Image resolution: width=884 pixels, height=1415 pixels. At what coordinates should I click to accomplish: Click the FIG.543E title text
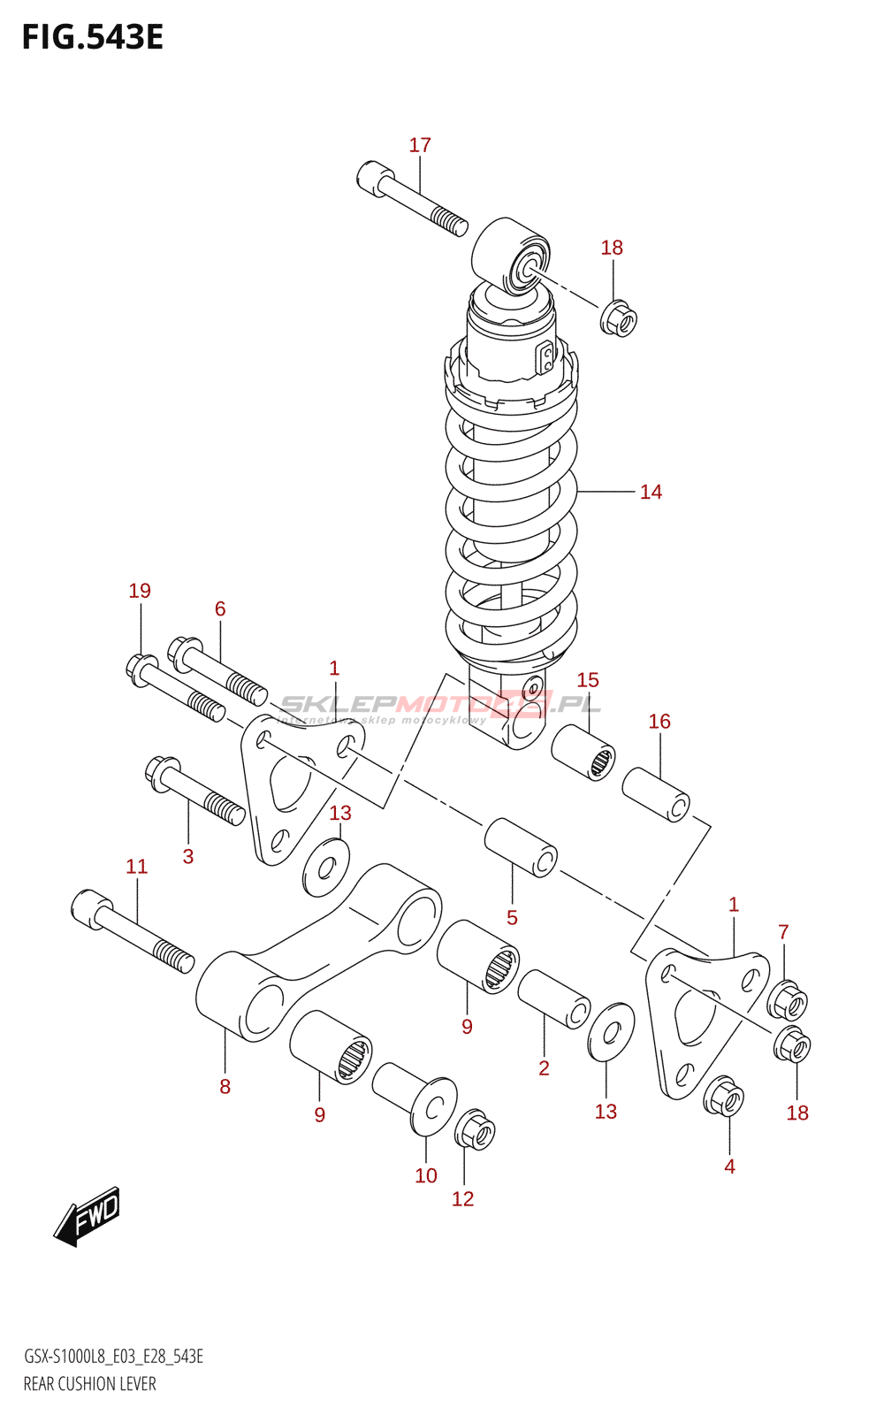tap(93, 37)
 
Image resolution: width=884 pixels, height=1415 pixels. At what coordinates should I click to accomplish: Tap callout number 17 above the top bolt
tap(420, 145)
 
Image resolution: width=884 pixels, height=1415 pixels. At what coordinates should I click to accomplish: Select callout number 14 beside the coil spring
tap(651, 492)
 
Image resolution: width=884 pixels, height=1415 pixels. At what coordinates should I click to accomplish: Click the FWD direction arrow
tap(87, 1217)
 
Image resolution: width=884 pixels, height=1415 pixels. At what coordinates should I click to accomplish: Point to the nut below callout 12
tap(475, 1130)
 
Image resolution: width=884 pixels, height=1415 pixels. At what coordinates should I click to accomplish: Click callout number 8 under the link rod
tap(225, 1086)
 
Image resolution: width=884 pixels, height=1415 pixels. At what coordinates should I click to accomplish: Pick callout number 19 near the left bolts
tap(140, 591)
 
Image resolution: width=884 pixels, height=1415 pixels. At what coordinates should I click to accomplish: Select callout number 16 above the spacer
tap(659, 722)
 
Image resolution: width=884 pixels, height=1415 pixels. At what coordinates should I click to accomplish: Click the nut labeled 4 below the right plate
tap(724, 1098)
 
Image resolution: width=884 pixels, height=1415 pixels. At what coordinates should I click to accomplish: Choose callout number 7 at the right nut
tap(783, 932)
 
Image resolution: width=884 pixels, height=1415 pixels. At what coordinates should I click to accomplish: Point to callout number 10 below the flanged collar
tap(426, 1175)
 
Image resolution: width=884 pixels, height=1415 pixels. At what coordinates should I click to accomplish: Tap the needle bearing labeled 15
tap(584, 752)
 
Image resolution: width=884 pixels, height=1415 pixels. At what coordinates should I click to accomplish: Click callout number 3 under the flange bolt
tap(187, 856)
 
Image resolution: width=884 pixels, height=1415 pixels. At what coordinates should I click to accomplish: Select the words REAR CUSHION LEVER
tap(89, 1384)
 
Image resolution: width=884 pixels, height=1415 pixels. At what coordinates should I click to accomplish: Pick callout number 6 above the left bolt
tap(220, 608)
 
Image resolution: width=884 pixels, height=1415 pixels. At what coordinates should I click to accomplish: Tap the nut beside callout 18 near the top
tap(619, 318)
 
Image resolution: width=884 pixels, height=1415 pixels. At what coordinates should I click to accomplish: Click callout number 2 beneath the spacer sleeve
tap(544, 1068)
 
